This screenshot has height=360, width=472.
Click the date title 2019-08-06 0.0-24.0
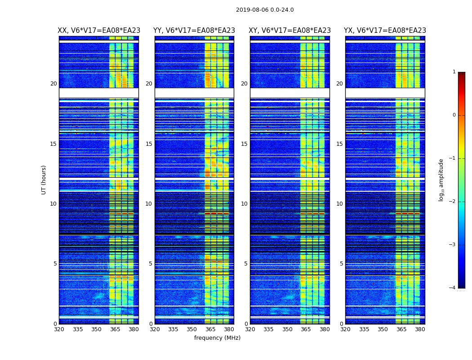(265, 10)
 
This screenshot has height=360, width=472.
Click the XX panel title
(99, 31)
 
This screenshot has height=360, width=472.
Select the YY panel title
(194, 31)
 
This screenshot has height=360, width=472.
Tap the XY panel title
(290, 31)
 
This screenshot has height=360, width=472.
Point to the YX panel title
(385, 31)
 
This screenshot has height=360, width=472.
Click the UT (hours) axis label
(44, 180)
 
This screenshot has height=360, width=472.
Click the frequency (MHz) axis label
(217, 338)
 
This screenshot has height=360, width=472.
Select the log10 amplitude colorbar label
(441, 180)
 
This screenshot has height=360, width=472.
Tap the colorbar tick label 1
(454, 72)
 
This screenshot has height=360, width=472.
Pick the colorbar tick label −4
(453, 288)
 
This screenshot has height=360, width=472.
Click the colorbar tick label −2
(453, 202)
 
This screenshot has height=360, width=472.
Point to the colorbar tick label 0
(454, 115)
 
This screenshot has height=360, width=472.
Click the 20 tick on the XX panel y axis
(53, 84)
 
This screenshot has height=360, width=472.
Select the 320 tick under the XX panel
(59, 329)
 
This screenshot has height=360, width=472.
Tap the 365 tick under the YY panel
(210, 329)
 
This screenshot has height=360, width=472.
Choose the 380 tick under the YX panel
(420, 329)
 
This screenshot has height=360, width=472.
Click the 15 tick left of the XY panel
(244, 144)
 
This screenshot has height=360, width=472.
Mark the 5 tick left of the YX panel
(341, 264)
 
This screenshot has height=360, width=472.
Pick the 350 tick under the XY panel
(287, 329)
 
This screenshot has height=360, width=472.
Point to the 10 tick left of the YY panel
(149, 204)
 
